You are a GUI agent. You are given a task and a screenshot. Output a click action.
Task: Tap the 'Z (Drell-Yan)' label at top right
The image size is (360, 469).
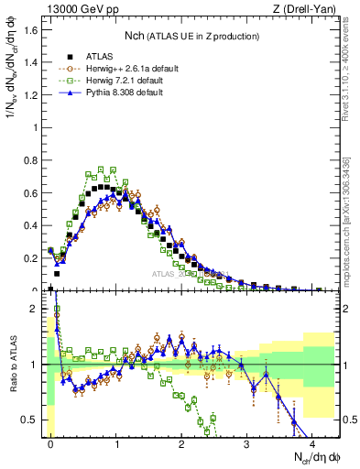pyautogui.click(x=308, y=10)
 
